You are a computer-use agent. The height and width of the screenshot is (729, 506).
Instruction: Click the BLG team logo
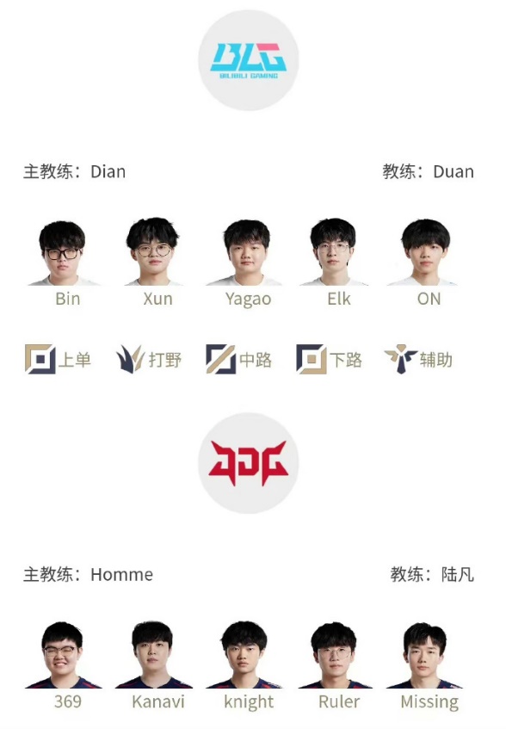click(249, 60)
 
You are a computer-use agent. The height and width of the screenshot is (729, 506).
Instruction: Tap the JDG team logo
click(249, 463)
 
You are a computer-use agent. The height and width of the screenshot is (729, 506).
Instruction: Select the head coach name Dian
click(108, 171)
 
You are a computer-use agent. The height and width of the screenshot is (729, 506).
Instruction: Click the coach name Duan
click(454, 171)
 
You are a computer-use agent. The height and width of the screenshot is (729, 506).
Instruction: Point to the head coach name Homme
click(121, 575)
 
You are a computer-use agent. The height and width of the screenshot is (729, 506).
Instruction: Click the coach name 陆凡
click(458, 575)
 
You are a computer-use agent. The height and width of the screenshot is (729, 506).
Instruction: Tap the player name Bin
click(68, 299)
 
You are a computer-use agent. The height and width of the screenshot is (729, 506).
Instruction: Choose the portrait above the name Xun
click(153, 251)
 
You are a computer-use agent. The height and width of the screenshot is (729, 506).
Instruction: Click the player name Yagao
click(248, 300)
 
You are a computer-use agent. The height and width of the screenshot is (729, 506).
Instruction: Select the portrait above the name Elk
click(333, 251)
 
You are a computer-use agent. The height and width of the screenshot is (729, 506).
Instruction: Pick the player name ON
click(429, 299)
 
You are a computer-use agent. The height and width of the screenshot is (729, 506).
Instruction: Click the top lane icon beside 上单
click(40, 359)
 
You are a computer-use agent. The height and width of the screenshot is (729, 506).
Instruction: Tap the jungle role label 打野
click(165, 360)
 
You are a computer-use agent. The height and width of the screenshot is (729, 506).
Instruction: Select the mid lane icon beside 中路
click(220, 359)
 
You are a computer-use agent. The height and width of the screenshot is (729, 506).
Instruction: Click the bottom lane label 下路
click(346, 360)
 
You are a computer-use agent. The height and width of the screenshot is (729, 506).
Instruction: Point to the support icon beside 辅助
click(400, 358)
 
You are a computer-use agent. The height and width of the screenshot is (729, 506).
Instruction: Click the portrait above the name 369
click(63, 655)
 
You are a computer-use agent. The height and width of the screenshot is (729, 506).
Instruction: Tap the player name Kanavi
click(158, 701)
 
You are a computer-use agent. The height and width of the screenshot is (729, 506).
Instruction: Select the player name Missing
click(429, 702)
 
